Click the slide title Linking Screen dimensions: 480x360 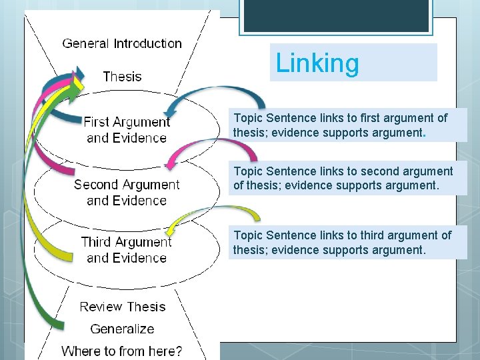coord(317,63)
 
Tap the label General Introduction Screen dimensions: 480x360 coord(122,44)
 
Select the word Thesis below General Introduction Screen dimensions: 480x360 coord(122,76)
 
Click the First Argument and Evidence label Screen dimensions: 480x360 coord(127,130)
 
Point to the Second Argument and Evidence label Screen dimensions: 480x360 coord(127,192)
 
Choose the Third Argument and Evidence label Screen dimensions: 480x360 coord(127,249)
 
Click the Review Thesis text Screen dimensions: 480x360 coord(122,307)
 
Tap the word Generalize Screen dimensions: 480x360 coord(122,329)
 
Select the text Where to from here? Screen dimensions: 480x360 coord(122,351)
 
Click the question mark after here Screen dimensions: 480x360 coord(178,351)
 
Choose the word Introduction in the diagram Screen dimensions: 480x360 coord(147,44)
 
